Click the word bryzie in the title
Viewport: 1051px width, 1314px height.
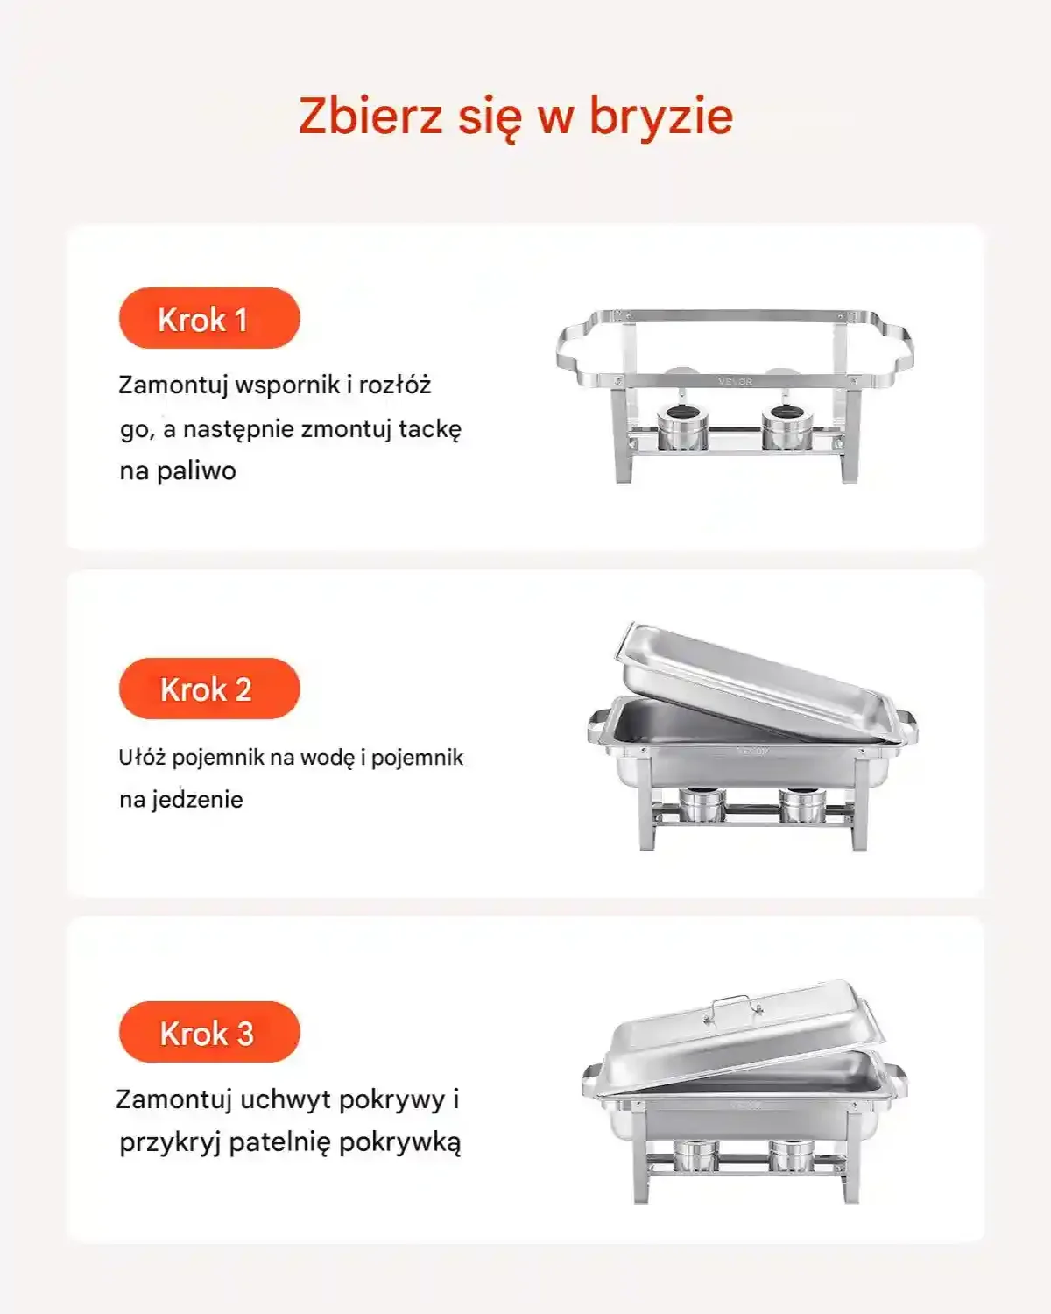click(660, 117)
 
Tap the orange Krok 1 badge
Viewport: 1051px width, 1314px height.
click(209, 318)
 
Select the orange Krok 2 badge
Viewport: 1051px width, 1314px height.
click(209, 689)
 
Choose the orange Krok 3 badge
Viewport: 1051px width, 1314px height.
click(209, 1032)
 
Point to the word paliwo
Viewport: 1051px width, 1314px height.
click(196, 471)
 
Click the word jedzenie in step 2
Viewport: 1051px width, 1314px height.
click(197, 799)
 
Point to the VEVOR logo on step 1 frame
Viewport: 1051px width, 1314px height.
click(735, 382)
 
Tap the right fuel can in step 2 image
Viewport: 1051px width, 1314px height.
click(803, 805)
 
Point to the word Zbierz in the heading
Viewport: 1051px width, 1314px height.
click(370, 117)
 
